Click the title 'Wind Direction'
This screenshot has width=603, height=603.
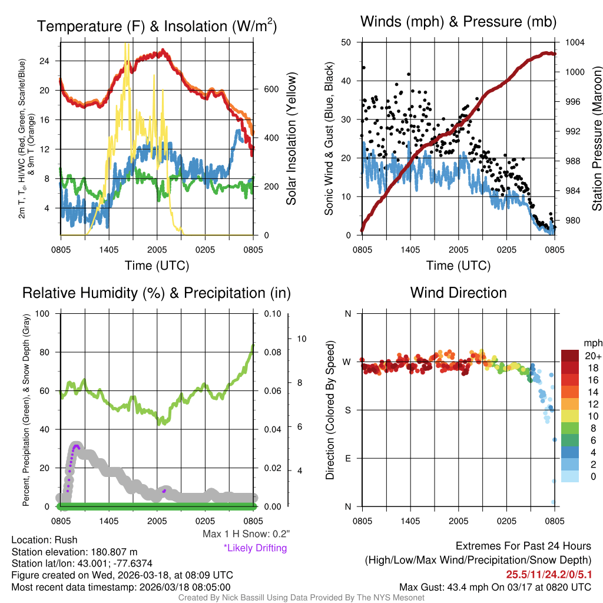(x=458, y=293)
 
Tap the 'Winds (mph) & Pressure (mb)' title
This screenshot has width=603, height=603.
(x=458, y=22)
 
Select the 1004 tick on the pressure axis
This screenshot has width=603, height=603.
(x=574, y=42)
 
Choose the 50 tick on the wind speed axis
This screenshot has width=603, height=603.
(x=347, y=42)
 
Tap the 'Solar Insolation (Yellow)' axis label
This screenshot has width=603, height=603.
(x=291, y=139)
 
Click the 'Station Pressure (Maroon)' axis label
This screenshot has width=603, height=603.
(x=596, y=139)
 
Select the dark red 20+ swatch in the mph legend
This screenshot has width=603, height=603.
(x=570, y=356)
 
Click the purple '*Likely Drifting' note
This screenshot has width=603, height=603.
(x=255, y=548)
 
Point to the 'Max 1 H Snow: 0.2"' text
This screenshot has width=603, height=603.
(x=246, y=534)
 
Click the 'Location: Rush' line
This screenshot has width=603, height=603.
(x=45, y=540)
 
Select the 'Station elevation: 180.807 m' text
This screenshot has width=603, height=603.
(x=74, y=552)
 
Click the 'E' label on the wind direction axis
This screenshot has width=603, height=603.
(x=348, y=458)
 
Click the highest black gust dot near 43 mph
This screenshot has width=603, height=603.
(x=364, y=68)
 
